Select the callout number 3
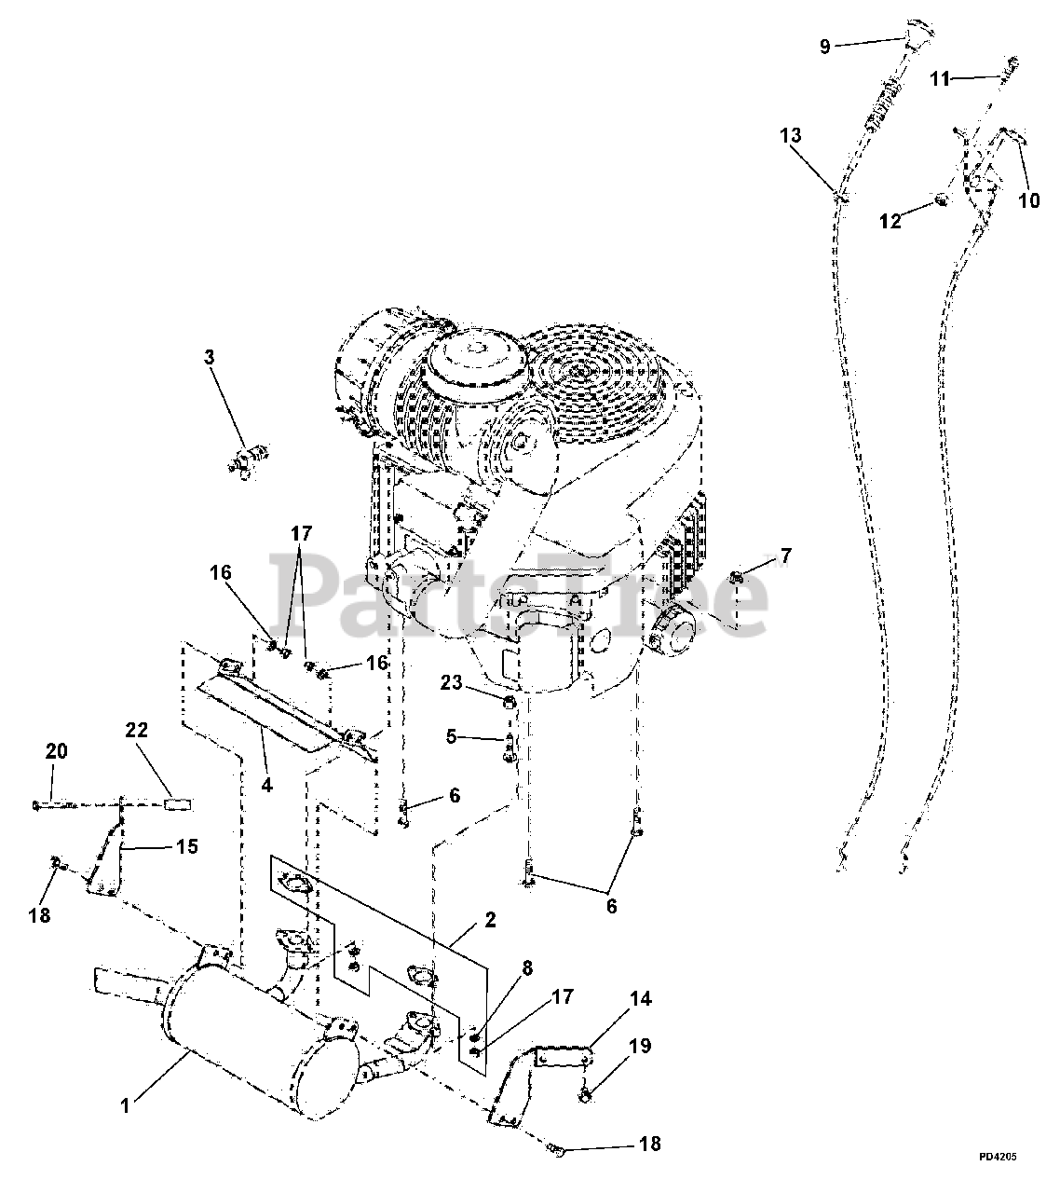pyautogui.click(x=210, y=357)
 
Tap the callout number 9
pyautogui.click(x=824, y=46)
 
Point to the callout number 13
pyautogui.click(x=790, y=136)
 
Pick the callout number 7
pyautogui.click(x=785, y=556)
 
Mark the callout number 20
pyautogui.click(x=56, y=751)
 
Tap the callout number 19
pyautogui.click(x=640, y=1048)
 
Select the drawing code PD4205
pyautogui.click(x=997, y=1157)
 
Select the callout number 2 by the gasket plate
pyautogui.click(x=490, y=920)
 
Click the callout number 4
pyautogui.click(x=267, y=785)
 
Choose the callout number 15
pyautogui.click(x=187, y=846)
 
